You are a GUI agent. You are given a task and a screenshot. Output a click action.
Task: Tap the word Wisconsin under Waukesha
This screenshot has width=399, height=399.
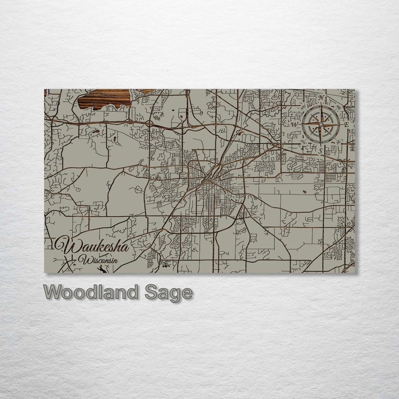coord(98,260)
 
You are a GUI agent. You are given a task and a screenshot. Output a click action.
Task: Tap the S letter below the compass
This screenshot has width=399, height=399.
coord(320,151)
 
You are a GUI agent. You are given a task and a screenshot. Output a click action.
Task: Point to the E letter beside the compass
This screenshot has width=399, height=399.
coord(345,125)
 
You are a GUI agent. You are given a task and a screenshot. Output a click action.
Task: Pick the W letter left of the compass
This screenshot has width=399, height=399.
coord(294,124)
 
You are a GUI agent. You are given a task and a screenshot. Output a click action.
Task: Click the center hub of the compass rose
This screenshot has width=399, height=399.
coord(320,125)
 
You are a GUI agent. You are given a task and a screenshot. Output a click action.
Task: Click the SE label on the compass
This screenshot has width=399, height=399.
coord(338,142)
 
